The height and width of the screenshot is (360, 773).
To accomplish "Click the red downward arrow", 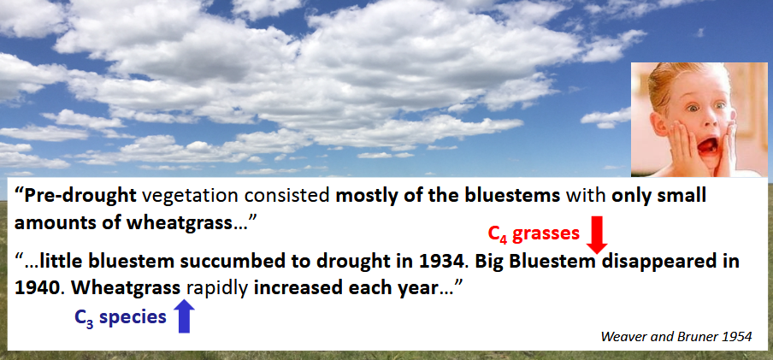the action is [x=597, y=235].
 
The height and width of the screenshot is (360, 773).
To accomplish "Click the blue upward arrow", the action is [x=184, y=316].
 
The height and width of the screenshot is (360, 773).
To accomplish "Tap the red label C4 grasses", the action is [x=534, y=233].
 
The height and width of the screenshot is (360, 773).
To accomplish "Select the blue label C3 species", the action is [x=121, y=317].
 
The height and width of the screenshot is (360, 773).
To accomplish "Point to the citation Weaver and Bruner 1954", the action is [x=676, y=336].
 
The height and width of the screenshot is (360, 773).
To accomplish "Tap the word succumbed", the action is [x=231, y=261].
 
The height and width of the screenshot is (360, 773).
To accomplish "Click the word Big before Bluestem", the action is [x=489, y=262].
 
